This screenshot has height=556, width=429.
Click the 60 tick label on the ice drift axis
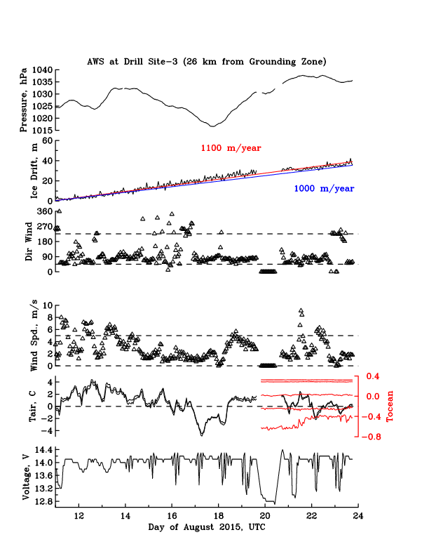(x=48, y=140)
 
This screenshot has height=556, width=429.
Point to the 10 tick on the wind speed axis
(x=47, y=305)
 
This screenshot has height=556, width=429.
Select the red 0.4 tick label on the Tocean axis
(x=372, y=376)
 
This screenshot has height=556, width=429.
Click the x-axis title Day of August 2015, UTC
(x=207, y=526)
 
